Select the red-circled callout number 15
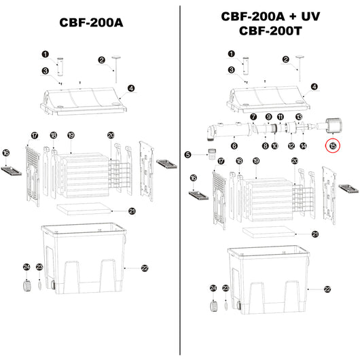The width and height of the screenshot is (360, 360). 333,145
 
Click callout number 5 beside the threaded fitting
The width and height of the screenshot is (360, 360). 188,155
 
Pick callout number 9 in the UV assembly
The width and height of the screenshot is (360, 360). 268,117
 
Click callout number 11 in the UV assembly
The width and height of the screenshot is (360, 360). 281,117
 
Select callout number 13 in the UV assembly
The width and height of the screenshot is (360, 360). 298,117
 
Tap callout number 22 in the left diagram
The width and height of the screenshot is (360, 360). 144,268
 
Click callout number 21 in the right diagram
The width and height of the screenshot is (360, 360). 314,234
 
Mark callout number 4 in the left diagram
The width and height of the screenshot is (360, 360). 130,88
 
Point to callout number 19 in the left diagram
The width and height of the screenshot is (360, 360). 71,136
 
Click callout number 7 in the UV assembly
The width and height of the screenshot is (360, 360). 253,117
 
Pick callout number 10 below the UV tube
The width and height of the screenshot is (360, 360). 274,145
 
